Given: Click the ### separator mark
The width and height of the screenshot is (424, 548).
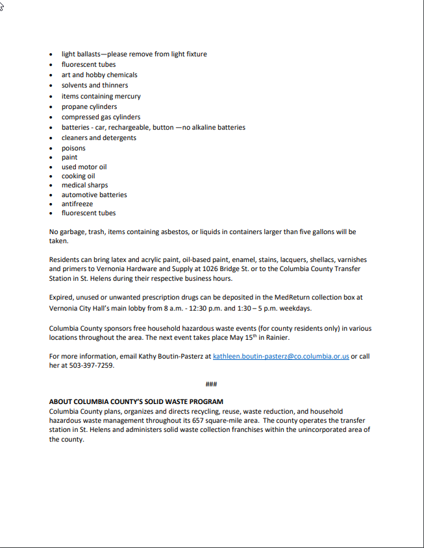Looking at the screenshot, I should coord(211,384).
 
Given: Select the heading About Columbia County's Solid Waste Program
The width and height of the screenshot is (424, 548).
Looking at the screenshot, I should coord(136,402).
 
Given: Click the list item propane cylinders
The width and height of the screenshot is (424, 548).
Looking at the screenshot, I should coord(90,106).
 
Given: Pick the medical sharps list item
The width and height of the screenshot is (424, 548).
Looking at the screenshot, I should coord(85,185).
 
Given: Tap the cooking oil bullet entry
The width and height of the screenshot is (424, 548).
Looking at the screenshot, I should coord(79,176).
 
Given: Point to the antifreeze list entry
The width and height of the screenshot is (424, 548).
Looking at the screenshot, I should coord(77,204).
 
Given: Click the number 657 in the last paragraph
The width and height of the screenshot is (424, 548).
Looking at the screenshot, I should coord(199,421).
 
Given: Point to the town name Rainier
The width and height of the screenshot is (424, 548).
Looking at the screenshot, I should coord(275,338).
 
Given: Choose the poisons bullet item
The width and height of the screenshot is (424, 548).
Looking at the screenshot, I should coord(73,148).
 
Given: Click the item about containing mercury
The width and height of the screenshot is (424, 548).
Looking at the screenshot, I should coord(101,96).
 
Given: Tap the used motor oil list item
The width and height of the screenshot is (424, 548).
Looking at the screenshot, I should coord(84,167).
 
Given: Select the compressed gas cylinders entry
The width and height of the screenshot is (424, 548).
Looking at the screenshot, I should coord(101,117).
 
